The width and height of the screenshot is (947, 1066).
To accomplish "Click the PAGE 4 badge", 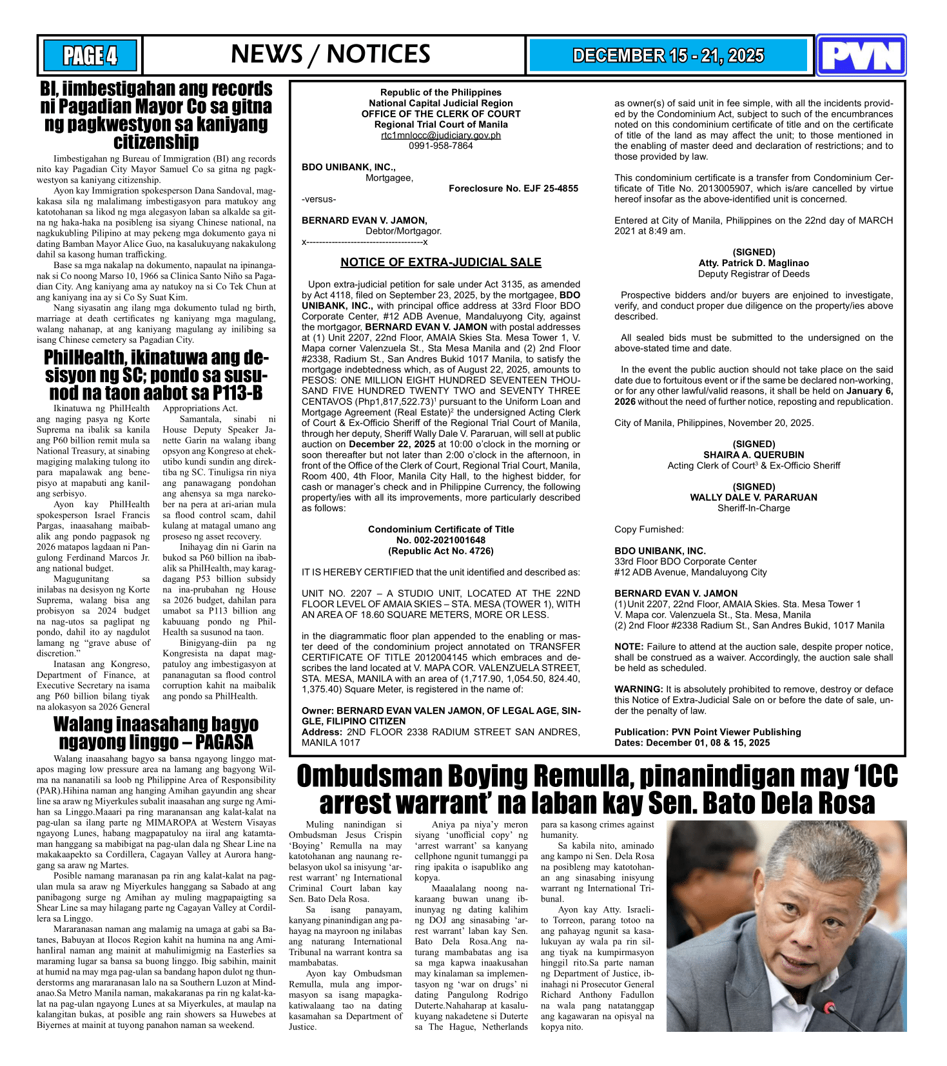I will (x=90, y=55).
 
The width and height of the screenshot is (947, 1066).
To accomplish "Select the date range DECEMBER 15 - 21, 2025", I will (x=669, y=56).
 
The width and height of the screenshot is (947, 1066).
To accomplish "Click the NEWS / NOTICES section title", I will (x=330, y=55).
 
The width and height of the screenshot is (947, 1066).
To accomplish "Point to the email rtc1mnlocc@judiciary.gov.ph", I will (x=441, y=135).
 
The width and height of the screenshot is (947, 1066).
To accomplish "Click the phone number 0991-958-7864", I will (x=441, y=146).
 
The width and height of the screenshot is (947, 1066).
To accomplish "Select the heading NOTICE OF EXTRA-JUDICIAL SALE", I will (x=441, y=262).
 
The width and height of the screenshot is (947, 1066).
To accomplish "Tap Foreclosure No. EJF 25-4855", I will (x=513, y=189).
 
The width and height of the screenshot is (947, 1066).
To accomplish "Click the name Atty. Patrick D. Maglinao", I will (x=754, y=263).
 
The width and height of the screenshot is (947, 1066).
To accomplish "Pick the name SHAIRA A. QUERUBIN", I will (x=754, y=455).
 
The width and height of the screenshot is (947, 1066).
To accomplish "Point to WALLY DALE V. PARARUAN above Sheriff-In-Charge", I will (x=754, y=498).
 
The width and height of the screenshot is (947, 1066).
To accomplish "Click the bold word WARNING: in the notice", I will (x=638, y=690).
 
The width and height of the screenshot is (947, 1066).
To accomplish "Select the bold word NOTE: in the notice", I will (x=629, y=647).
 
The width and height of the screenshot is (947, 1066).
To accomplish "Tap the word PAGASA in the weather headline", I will (x=224, y=742).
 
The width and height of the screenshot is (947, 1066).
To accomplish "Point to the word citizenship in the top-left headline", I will (x=156, y=142).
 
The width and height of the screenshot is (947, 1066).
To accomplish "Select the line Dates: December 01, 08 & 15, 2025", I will (x=692, y=743).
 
